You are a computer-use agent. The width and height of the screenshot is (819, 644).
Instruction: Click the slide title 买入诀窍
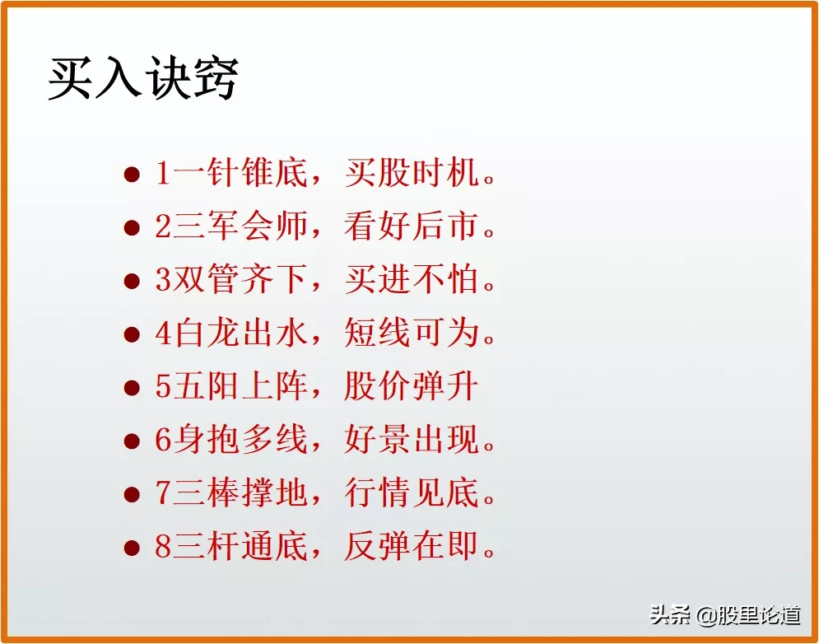coord(143,80)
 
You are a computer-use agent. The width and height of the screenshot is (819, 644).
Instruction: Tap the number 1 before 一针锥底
coord(163,174)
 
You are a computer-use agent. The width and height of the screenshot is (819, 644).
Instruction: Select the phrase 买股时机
coord(411,174)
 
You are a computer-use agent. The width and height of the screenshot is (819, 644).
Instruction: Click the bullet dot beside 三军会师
coord(131,228)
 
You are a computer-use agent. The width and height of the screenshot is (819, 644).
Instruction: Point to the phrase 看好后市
coord(411,227)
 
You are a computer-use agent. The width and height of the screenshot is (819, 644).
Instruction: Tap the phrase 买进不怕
coord(411,281)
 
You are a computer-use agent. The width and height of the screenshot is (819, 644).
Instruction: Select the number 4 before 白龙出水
coord(163,334)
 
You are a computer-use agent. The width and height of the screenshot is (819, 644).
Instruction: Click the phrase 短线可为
coord(411,334)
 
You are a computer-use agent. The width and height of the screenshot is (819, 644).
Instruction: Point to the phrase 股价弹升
coord(411,387)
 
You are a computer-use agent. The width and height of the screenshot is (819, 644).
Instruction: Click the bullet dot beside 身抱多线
coord(131,441)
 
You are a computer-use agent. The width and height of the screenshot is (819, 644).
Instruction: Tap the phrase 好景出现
coord(411,441)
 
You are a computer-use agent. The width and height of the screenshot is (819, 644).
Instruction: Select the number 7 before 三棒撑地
coord(163,494)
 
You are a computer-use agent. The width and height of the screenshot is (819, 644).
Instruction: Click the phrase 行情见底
coord(411,494)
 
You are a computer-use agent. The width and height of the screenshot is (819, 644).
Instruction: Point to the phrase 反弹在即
coord(411,548)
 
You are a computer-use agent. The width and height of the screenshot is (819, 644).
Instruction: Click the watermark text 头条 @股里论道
coord(725,614)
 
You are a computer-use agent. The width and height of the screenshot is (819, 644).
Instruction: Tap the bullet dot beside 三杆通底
coord(131,548)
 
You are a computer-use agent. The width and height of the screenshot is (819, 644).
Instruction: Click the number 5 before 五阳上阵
coord(163,388)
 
